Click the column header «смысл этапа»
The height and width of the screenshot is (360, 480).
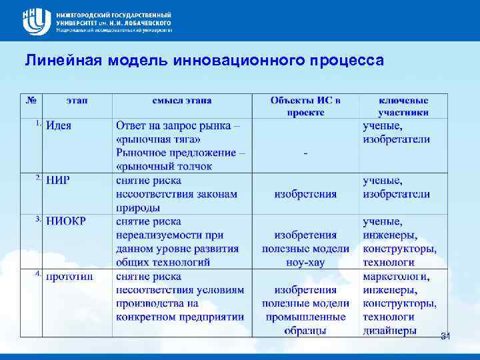(x=182, y=100)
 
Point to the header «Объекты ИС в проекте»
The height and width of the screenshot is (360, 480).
(x=305, y=106)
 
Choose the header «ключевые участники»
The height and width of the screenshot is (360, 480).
(x=403, y=106)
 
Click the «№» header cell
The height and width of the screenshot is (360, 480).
(x=31, y=100)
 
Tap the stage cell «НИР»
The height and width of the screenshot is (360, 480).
(x=58, y=180)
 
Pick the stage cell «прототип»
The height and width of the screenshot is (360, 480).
(x=69, y=276)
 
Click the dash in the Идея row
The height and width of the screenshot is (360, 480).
(x=305, y=153)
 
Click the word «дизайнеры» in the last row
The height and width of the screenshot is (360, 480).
(x=390, y=330)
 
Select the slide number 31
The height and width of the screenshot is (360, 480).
(x=445, y=337)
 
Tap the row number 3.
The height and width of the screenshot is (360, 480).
(x=38, y=219)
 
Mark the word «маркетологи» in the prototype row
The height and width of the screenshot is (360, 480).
(x=396, y=276)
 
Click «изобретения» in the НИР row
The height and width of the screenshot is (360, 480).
(x=305, y=194)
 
